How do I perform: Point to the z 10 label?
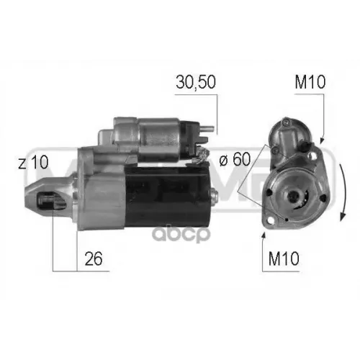pyautogui.click(x=32, y=163)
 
